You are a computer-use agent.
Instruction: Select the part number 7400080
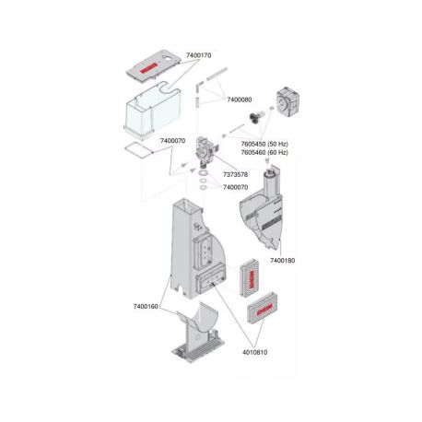point(240,99)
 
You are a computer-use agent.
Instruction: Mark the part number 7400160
point(147,305)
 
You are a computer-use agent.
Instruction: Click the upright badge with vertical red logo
point(249,275)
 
